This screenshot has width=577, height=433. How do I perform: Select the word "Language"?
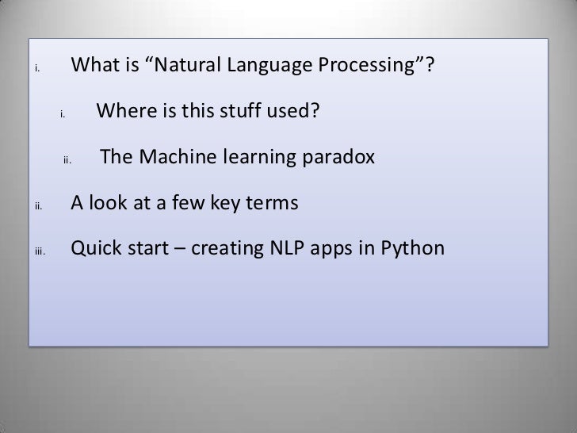266,74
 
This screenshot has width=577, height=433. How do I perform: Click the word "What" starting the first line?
94,74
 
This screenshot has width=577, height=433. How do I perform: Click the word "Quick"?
94,250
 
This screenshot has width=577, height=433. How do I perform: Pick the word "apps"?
340,250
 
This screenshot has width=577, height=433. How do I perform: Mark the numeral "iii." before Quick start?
41,252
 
